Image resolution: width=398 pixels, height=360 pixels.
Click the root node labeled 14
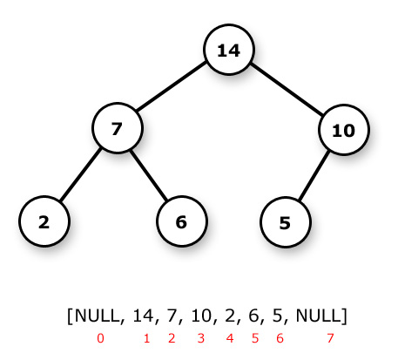[229, 50]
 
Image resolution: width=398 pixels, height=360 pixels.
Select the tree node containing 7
[118, 128]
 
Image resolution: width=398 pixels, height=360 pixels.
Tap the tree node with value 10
[344, 130]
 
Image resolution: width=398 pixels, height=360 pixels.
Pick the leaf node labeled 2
[44, 221]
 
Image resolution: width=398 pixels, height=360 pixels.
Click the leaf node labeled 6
[182, 221]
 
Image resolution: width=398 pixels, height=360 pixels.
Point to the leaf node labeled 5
[286, 222]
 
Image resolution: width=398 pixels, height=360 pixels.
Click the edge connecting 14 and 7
[172, 86]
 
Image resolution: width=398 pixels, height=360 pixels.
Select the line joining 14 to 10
[287, 89]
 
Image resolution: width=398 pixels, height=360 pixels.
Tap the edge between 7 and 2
[80, 174]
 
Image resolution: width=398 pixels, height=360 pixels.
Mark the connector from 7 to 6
[149, 174]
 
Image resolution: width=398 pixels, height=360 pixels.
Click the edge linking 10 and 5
[314, 175]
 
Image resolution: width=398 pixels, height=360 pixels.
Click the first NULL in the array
[98, 316]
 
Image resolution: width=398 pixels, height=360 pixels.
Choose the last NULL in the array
[319, 316]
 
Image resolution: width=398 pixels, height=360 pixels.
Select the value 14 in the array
[143, 316]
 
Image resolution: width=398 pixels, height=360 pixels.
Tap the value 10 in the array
[201, 316]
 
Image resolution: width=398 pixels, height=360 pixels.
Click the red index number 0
[100, 338]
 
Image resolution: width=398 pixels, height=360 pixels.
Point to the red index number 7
[330, 338]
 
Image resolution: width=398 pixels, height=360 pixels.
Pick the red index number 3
[201, 338]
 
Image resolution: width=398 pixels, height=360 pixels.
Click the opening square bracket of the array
[70, 316]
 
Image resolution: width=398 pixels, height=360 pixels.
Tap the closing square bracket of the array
[344, 316]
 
